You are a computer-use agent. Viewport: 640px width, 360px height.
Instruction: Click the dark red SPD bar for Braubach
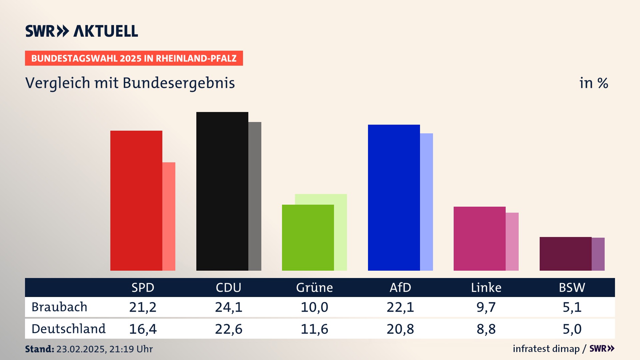136,200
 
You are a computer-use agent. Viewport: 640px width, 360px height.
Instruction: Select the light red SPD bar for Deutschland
169,216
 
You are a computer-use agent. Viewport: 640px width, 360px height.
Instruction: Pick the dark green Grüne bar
308,237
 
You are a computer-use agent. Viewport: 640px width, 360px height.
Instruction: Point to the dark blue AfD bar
394,197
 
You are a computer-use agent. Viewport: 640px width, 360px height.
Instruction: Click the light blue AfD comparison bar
427,202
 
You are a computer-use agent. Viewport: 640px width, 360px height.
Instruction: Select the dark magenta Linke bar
479,238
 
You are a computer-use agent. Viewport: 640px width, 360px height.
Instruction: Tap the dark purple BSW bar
565,254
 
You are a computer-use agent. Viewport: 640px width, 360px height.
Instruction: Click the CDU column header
228,288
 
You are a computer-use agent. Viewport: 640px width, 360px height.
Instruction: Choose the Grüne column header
314,288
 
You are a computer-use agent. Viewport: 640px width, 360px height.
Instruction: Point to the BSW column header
572,288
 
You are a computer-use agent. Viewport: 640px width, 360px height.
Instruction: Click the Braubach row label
59,307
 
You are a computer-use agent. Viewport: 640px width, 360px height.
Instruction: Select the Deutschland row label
68,329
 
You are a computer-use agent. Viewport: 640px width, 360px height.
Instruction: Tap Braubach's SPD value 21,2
143,307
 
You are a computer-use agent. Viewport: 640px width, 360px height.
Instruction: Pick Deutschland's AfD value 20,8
400,329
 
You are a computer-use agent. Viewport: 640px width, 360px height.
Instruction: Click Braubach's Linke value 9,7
486,307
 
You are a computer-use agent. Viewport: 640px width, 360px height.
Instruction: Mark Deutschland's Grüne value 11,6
314,329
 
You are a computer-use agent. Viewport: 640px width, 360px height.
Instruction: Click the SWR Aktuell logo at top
82,31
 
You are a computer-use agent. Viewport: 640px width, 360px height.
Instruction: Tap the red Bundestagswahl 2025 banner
134,58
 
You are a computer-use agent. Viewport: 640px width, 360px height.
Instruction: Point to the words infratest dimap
546,349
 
